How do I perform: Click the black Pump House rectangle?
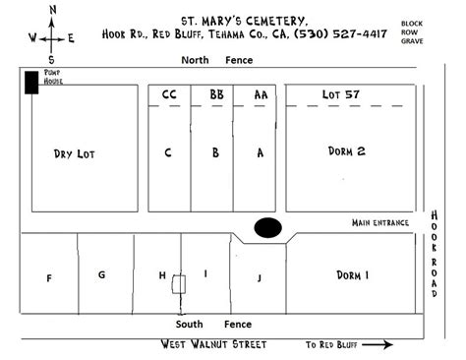coord(32,83)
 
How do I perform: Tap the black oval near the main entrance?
coord(267,227)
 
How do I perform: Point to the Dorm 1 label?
coord(351,275)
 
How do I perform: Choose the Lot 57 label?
coord(342,94)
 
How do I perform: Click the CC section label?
coord(168,94)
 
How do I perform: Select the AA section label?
coord(261,94)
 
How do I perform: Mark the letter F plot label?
coord(49,278)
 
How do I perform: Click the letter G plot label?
coord(101,274)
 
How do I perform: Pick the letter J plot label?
coord(261,278)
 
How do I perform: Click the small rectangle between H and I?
coord(178,285)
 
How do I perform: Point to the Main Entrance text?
coord(379,223)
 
